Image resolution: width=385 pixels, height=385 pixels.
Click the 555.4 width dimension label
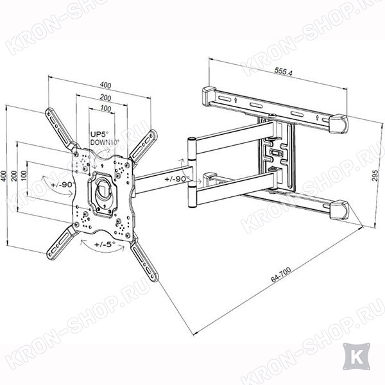284,71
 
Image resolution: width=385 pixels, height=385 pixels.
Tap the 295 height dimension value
375,175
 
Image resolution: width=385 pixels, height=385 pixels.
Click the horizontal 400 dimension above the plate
105,85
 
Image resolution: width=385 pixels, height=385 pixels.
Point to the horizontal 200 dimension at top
106,98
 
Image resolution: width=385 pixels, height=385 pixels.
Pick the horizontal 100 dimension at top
106,108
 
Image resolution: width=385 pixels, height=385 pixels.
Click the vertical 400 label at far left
4,176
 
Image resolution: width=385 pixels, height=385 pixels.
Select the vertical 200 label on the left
14,176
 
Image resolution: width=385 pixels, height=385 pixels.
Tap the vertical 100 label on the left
24,176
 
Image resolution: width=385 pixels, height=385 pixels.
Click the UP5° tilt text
99,134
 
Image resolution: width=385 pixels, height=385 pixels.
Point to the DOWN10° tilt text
105,142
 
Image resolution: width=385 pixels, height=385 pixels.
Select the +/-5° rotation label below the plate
105,244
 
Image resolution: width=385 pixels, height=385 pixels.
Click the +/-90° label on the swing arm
177,179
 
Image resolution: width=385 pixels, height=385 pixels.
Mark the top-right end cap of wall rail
339,124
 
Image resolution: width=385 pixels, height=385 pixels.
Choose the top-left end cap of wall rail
209,96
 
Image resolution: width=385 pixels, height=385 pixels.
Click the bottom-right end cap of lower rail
339,210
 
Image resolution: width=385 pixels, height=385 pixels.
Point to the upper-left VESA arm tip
49,112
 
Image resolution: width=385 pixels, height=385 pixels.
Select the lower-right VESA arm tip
155,277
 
